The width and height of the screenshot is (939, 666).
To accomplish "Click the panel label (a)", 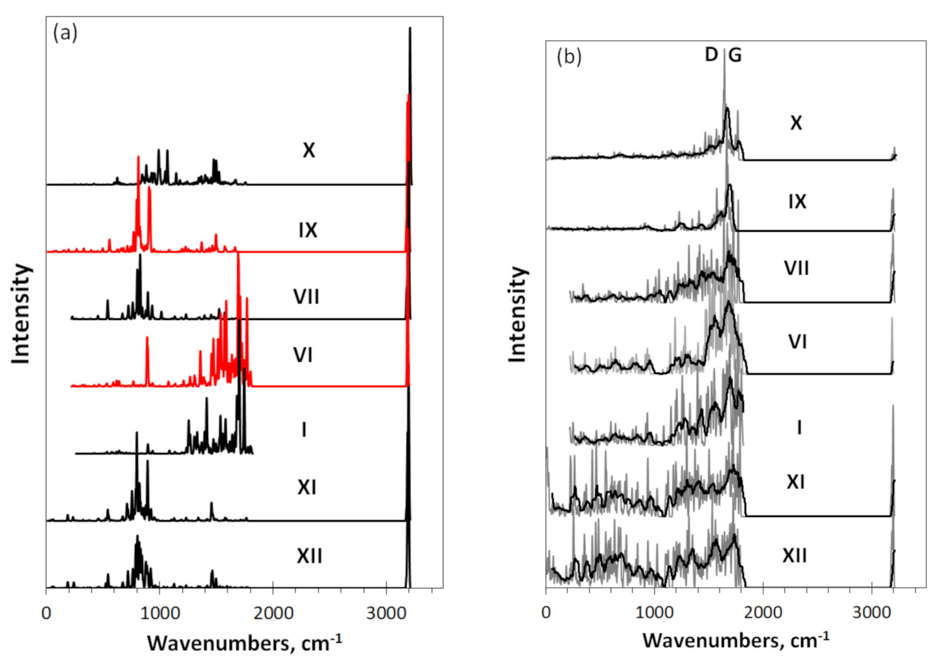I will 64,33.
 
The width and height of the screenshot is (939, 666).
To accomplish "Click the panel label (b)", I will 568,57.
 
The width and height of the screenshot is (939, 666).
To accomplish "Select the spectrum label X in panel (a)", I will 308,150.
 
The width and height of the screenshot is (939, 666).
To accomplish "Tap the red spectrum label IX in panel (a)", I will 308,230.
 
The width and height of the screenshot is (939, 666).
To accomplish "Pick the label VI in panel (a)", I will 303,355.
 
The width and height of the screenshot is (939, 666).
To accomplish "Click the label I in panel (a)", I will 304,430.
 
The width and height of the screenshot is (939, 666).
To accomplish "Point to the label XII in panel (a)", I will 309,556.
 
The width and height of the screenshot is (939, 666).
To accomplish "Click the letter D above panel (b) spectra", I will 711,55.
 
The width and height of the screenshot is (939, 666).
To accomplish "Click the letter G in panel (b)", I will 734,55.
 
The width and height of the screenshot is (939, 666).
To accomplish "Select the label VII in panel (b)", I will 797,268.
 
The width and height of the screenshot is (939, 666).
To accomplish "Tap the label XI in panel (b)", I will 795,482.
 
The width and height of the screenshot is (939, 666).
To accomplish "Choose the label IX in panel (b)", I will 797,202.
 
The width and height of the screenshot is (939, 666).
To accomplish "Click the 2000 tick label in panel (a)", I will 273,613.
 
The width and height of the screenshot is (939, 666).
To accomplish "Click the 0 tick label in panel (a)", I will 46,613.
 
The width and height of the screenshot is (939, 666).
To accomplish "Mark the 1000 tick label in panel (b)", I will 654,612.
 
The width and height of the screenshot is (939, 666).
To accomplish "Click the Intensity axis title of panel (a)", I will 21,314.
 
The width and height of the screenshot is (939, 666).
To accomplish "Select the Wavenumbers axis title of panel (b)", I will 736,641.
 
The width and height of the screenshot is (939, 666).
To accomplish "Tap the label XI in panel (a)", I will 307,487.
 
